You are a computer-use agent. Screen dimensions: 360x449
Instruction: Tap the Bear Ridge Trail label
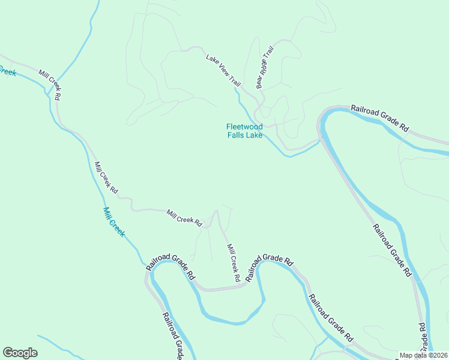click(x=265, y=67)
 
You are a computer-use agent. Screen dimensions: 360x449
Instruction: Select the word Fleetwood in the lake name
click(x=244, y=127)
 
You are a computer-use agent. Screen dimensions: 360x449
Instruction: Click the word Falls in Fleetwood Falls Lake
click(x=237, y=135)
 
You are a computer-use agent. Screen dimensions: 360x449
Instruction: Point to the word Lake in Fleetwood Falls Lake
click(x=255, y=135)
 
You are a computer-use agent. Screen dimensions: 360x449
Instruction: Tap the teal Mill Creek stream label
click(x=113, y=222)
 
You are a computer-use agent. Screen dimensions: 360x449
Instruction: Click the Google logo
click(x=20, y=353)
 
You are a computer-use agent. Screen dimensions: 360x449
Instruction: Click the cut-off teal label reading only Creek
click(x=7, y=71)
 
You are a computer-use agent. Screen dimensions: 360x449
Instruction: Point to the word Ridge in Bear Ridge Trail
click(x=265, y=68)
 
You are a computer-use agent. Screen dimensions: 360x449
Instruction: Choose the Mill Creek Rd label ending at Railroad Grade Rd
click(x=234, y=263)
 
